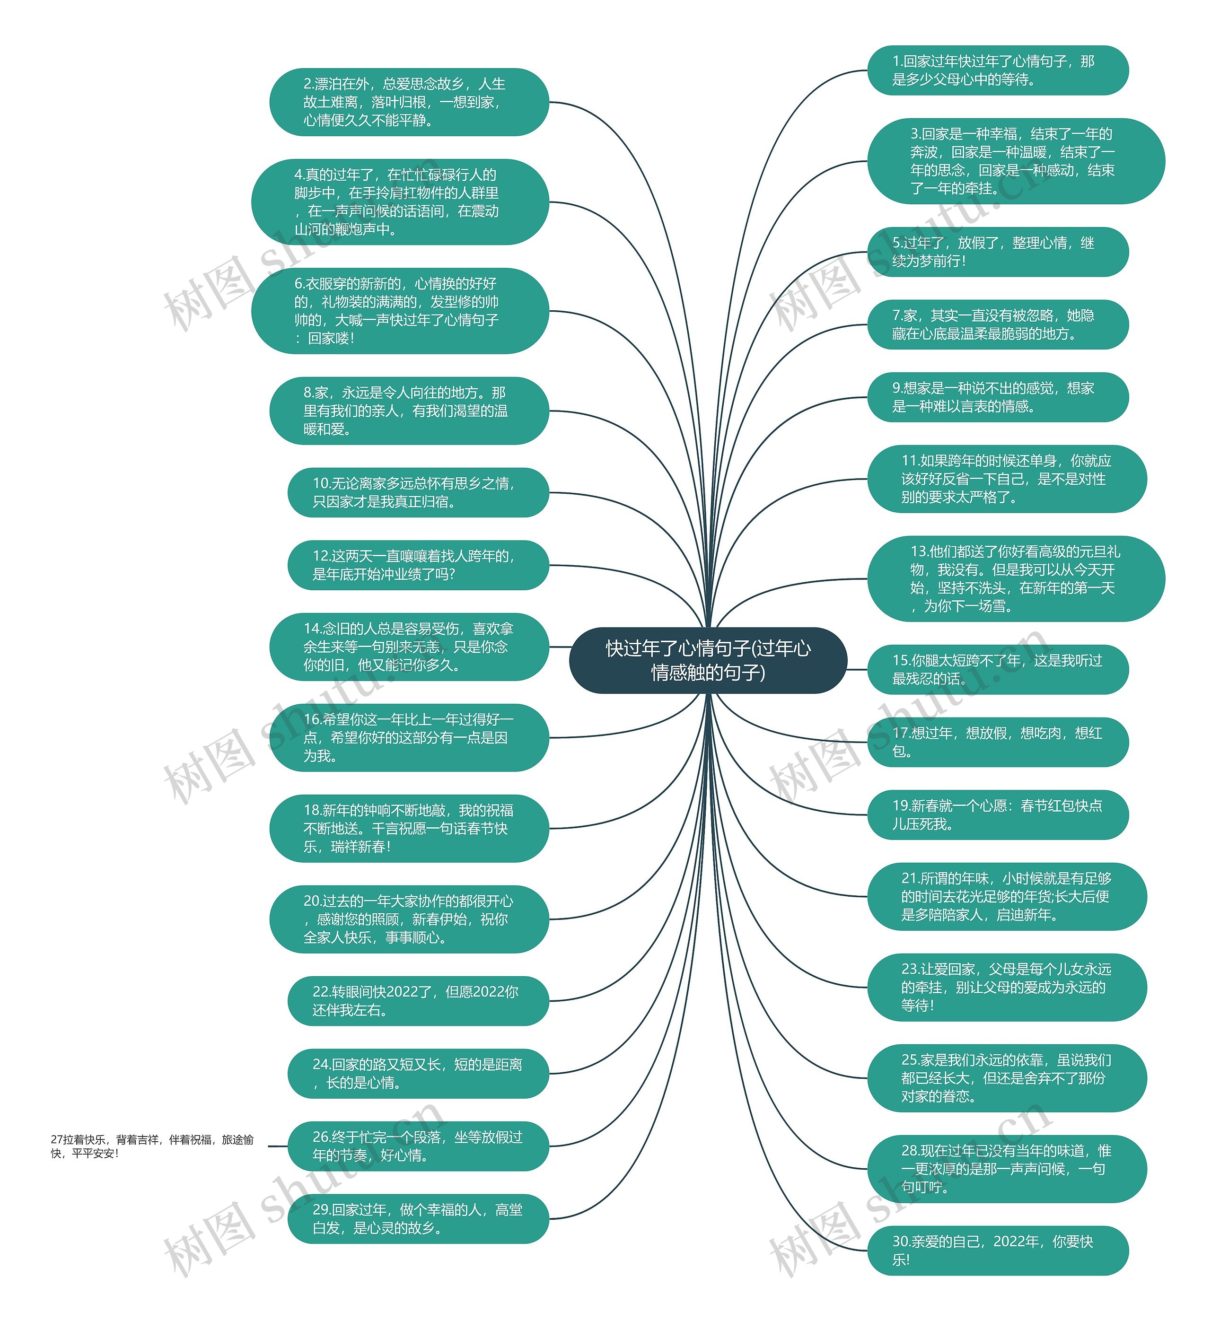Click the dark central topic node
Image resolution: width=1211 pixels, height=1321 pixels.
click(708, 660)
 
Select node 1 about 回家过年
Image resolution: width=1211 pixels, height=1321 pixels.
click(997, 70)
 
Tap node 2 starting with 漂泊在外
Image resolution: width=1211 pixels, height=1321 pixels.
click(409, 102)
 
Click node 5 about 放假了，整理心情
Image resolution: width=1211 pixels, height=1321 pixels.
click(997, 252)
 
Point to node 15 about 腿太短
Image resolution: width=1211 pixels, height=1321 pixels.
click(997, 670)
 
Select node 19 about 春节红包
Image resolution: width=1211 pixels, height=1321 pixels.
click(997, 815)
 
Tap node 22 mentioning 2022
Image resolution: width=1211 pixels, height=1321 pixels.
click(417, 1001)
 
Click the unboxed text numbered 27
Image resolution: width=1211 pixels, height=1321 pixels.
click(152, 1146)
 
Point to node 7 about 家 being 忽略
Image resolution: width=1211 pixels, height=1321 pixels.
click(997, 325)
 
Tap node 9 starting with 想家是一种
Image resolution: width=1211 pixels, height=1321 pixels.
click(997, 398)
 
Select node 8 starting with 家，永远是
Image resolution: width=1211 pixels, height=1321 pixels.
click(409, 411)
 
